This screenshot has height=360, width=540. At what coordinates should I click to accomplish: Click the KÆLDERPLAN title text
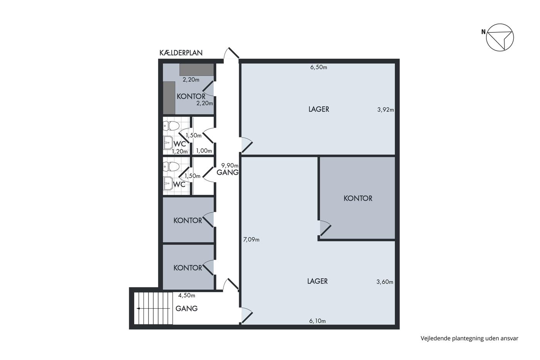[181, 52]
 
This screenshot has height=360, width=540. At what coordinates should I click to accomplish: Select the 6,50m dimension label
[319, 67]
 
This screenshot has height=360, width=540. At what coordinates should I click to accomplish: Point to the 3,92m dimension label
[385, 110]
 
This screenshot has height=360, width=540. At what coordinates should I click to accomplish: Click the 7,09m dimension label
[251, 240]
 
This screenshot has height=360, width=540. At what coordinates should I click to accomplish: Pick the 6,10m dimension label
[317, 321]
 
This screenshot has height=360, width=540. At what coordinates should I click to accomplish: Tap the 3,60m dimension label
[385, 282]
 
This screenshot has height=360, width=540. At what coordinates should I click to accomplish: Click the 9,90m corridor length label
[230, 166]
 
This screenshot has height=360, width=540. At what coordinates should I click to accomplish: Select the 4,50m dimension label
[187, 296]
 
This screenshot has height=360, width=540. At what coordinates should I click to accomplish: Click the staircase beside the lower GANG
[154, 308]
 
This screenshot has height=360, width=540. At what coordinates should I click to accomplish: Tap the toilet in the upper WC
[171, 126]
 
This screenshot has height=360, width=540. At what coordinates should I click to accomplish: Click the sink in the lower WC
[168, 183]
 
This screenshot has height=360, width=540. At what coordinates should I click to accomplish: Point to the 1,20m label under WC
[180, 152]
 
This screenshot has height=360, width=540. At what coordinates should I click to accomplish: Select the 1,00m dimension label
[204, 151]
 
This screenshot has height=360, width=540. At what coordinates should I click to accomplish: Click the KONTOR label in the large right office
[358, 198]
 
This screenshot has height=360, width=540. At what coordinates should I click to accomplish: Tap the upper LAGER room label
[319, 109]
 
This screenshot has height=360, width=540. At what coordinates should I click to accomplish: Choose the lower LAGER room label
[317, 281]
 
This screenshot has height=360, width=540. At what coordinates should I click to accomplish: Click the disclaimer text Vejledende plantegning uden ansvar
[469, 338]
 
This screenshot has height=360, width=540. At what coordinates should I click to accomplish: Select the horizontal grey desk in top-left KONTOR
[197, 70]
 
